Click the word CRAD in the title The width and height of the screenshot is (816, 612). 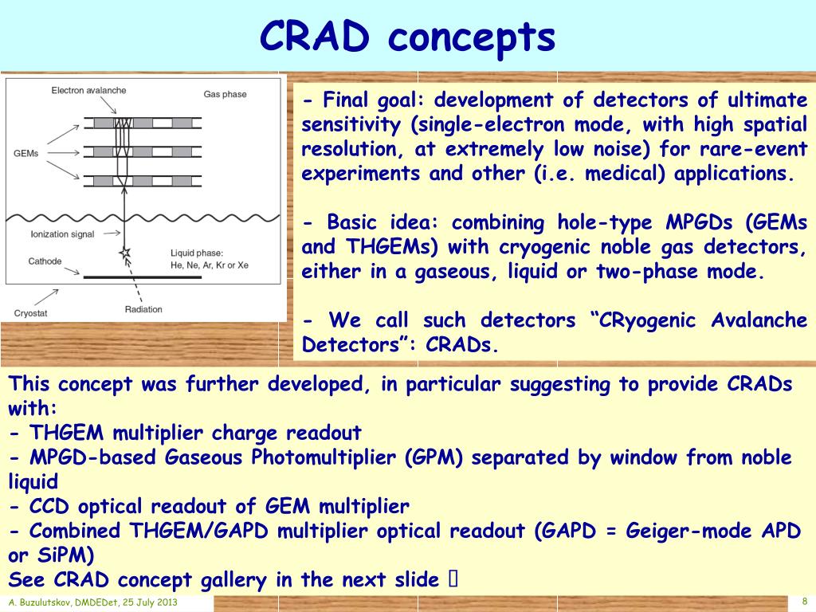(x=314, y=37)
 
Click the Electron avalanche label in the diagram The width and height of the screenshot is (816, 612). (x=88, y=91)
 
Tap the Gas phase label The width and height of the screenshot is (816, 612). (x=225, y=94)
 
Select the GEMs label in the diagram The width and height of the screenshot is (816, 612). (x=26, y=154)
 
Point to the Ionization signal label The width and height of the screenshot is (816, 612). (x=62, y=234)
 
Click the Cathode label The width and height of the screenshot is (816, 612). (x=45, y=261)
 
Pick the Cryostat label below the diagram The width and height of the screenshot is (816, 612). (x=31, y=313)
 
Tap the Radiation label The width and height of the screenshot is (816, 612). (x=143, y=309)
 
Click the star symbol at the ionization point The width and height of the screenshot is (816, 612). (x=124, y=253)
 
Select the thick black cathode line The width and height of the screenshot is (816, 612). (x=143, y=277)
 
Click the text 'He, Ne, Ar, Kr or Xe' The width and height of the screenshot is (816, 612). (x=210, y=265)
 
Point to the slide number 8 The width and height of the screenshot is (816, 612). (x=805, y=601)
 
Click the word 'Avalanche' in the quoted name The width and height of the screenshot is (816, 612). (x=759, y=320)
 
